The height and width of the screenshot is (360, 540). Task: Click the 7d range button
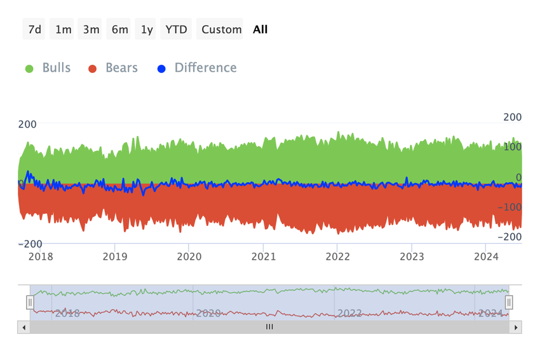click(x=34, y=29)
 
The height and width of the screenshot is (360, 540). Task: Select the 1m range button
click(x=63, y=29)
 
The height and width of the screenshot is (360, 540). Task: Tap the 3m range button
click(x=91, y=29)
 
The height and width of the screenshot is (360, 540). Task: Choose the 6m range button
click(x=119, y=29)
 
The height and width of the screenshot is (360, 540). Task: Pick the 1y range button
click(x=147, y=29)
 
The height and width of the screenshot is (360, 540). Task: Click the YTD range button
click(x=176, y=29)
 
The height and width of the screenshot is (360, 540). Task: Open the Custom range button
click(x=221, y=29)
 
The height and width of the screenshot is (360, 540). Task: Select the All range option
click(x=260, y=29)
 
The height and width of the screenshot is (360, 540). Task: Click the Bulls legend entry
click(x=48, y=68)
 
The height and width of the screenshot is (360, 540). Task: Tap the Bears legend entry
click(x=113, y=68)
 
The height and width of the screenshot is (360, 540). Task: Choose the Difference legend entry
click(x=197, y=68)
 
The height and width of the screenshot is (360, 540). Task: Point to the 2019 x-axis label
click(x=114, y=256)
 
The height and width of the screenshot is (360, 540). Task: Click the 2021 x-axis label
click(x=263, y=256)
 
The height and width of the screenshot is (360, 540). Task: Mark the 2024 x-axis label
click(x=485, y=256)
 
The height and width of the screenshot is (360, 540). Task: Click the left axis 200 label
click(x=27, y=124)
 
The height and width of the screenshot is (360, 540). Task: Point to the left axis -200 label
click(x=30, y=244)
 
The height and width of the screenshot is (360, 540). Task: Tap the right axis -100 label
click(x=509, y=207)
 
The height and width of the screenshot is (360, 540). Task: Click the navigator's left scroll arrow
click(x=24, y=328)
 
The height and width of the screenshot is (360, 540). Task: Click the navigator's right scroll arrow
click(x=516, y=328)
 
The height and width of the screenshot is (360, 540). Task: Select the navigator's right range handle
click(x=509, y=303)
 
